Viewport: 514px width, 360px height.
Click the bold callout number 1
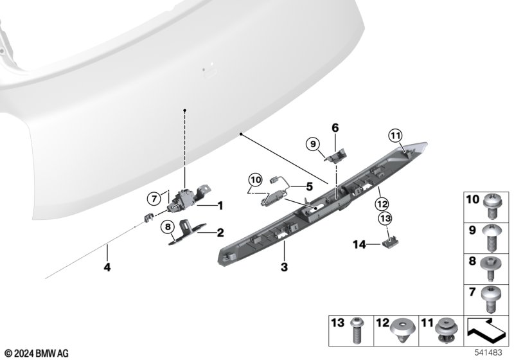click(x=220, y=206)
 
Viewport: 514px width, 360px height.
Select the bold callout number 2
click(x=220, y=233)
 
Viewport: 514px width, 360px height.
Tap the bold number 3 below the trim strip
click(x=284, y=267)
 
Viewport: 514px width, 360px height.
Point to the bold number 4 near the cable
click(x=107, y=267)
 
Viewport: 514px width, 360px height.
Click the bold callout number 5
click(x=310, y=186)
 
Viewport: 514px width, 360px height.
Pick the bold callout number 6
click(x=335, y=128)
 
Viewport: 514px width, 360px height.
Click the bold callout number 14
click(x=359, y=244)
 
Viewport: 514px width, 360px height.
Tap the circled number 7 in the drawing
click(x=154, y=199)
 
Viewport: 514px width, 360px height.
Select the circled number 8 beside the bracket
click(x=168, y=226)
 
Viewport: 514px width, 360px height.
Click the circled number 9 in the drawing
click(x=313, y=143)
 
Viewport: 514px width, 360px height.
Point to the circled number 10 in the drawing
click(x=256, y=180)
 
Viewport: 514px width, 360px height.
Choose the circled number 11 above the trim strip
click(x=395, y=136)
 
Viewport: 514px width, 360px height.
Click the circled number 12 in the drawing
click(x=382, y=204)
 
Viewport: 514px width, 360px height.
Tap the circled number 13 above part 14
click(x=385, y=218)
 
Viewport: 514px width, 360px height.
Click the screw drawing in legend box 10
click(x=492, y=206)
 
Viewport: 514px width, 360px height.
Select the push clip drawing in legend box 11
click(x=446, y=331)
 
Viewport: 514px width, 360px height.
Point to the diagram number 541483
click(x=488, y=353)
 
